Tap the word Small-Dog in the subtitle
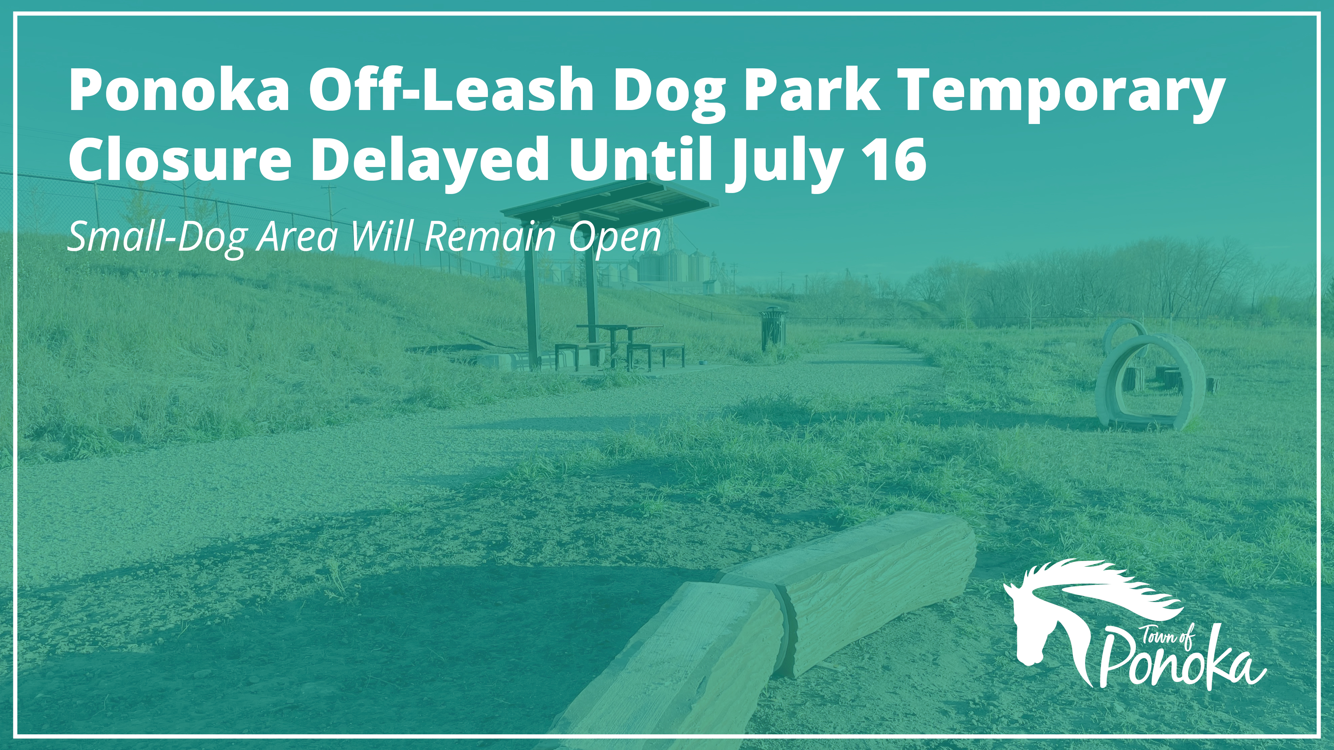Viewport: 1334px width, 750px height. tap(156, 239)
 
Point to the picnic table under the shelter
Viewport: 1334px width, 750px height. tap(619, 344)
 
